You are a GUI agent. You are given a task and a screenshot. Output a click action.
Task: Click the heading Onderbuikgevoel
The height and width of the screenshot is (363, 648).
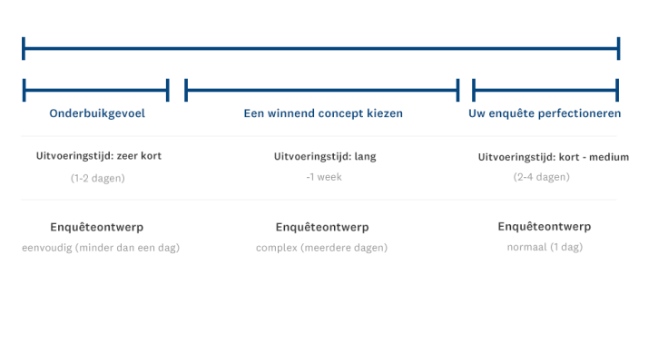click(97, 113)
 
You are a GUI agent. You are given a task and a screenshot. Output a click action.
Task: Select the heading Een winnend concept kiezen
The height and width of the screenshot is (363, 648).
click(323, 113)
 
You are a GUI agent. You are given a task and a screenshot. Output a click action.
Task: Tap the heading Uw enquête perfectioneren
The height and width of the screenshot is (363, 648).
click(545, 113)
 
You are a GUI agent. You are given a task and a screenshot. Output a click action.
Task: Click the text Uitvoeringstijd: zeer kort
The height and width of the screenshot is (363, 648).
click(99, 156)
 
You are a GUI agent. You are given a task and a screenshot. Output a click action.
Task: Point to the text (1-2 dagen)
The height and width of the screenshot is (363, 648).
click(98, 178)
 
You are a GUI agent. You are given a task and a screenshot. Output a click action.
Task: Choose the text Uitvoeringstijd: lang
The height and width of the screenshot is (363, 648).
click(325, 156)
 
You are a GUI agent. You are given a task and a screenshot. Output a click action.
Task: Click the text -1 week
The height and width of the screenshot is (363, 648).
click(324, 177)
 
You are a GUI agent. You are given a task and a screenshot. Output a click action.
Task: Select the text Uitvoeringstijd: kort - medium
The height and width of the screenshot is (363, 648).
click(554, 157)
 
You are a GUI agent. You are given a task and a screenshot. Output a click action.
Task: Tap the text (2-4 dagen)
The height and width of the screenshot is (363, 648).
click(542, 177)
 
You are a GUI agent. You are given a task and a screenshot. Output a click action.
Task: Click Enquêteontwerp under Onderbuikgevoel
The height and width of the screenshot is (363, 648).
click(97, 227)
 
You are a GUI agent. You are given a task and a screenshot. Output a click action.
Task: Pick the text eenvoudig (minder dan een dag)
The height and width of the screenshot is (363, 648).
click(101, 248)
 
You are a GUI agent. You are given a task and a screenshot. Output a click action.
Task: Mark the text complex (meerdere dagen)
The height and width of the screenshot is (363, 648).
click(321, 248)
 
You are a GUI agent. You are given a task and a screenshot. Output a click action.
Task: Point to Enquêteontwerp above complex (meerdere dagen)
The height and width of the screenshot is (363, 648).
click(321, 227)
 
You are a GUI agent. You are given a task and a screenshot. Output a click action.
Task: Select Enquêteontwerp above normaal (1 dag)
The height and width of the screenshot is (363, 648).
click(545, 226)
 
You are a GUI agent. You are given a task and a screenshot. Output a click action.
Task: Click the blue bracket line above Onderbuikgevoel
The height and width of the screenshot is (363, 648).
click(96, 90)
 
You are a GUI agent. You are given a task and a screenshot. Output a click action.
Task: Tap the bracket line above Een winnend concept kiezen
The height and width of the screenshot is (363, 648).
click(322, 90)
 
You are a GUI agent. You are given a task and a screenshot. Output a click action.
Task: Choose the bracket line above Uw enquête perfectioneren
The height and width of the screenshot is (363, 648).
click(545, 90)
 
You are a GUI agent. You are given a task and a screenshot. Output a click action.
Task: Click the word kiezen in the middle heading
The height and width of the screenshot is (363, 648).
click(385, 113)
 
